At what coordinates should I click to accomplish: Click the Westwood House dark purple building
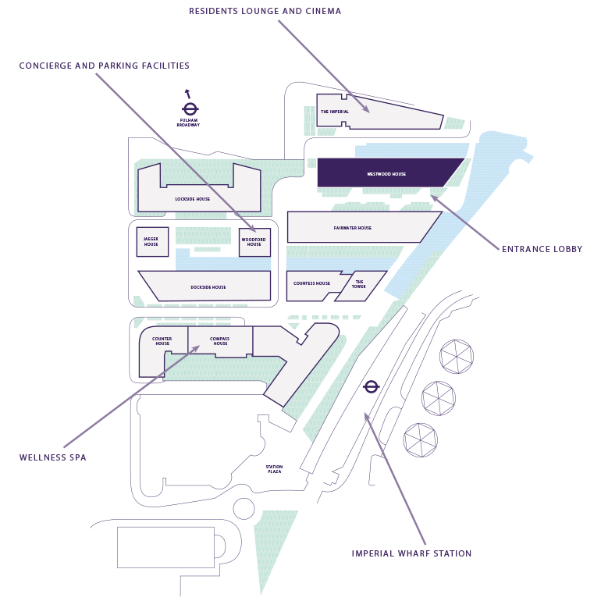pos(386,173)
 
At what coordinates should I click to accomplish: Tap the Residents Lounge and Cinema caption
pos(265,12)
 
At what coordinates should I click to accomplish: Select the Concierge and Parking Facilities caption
pos(105,66)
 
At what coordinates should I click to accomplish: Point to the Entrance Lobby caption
pos(542,249)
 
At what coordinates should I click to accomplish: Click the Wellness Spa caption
pos(52,457)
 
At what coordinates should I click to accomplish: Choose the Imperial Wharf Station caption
pos(411,553)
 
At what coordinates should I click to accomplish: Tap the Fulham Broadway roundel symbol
pos(189,109)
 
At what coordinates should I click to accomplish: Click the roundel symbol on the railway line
pos(372,386)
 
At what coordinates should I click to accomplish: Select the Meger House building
pos(151,242)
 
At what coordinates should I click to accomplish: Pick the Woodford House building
pos(254,242)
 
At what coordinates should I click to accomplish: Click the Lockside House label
pos(192,199)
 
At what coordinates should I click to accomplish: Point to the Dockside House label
pos(208,287)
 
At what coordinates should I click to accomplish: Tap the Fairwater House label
pos(353,228)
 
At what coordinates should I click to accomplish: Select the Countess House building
pos(311,284)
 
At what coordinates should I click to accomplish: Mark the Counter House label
pos(162,341)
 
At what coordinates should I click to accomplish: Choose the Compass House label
pos(220,341)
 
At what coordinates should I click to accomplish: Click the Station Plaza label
pos(273,469)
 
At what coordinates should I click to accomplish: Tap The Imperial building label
pos(335,112)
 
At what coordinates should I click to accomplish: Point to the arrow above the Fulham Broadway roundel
pos(187,94)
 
